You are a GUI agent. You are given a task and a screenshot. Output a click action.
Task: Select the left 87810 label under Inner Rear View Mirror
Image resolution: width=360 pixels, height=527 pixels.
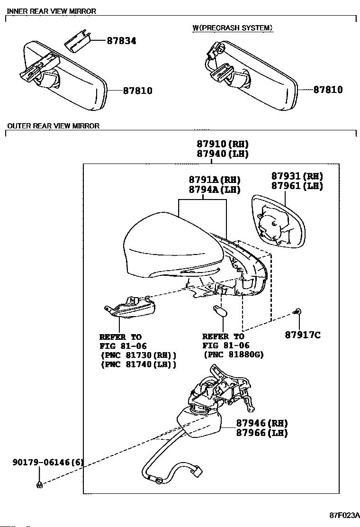coord(137,90)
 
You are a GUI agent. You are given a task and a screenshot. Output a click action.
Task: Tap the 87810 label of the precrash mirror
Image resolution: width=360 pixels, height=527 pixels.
coord(327,90)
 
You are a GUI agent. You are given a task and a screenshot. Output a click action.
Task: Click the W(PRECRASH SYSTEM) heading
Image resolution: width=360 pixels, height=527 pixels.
coord(233,28)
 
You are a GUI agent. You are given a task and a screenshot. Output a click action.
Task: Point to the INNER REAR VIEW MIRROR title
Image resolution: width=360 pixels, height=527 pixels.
coord(52,11)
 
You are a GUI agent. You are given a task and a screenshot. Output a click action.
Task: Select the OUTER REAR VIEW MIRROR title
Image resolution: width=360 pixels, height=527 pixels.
coord(53,126)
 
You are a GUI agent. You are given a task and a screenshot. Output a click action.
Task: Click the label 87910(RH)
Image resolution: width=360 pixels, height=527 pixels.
coord(222,144)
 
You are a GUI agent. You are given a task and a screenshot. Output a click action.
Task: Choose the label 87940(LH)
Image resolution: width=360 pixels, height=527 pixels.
coord(222,154)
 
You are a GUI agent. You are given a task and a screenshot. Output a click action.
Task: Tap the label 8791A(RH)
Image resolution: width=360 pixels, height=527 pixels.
coord(215,180)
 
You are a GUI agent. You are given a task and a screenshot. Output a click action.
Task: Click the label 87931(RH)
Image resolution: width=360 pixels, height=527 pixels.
coord(297,176)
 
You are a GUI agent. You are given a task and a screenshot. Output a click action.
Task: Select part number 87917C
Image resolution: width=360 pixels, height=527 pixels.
coord(303,336)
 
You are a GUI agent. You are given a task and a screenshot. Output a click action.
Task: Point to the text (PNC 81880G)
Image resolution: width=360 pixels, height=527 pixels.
coord(234,354)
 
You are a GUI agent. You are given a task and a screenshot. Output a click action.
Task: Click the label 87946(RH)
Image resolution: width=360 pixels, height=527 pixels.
coord(261,423)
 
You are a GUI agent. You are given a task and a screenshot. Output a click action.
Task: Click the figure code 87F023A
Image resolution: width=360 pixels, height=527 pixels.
coord(345,515)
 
